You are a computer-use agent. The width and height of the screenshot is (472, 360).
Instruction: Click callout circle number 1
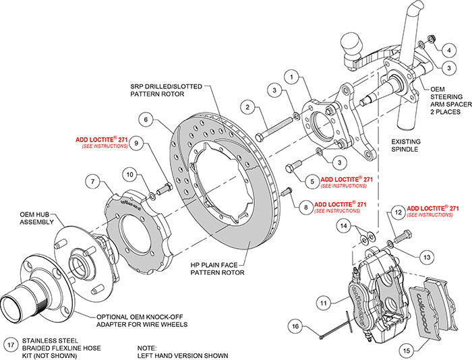(292, 78)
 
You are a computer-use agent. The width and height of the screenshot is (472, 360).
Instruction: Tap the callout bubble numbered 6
(144, 118)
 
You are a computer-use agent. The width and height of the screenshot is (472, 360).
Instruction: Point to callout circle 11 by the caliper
(324, 304)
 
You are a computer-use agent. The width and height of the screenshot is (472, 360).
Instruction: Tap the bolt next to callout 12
(405, 237)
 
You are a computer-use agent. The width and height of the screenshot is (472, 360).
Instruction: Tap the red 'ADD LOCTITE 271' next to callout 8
(340, 204)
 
